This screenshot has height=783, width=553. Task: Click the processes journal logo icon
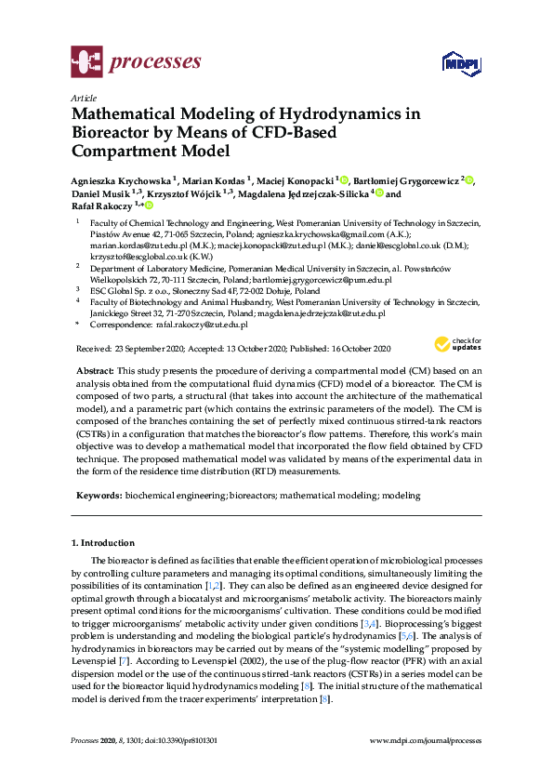(x=86, y=62)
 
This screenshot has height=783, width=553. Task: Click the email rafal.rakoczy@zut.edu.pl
(x=202, y=325)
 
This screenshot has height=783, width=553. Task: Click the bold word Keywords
(x=99, y=497)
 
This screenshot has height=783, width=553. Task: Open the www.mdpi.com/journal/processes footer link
(x=426, y=740)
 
